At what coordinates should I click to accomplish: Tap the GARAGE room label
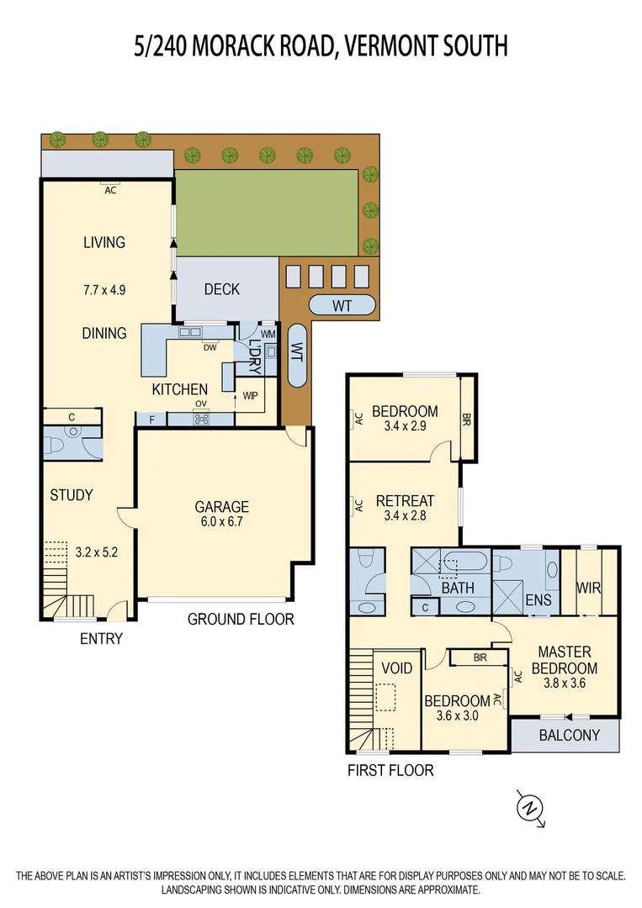click(222, 507)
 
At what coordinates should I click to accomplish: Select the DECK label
click(222, 289)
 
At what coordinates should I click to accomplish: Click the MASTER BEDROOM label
click(565, 660)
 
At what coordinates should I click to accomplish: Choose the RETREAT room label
click(405, 500)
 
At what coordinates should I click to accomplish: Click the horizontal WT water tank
click(342, 305)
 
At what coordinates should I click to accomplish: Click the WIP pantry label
click(250, 395)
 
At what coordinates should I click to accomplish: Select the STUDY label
click(72, 495)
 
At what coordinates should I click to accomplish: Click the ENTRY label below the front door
click(101, 639)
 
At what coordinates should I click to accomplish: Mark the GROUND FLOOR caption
click(241, 620)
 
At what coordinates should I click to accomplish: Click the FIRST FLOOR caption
click(390, 769)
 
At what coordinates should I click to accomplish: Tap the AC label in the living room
click(109, 190)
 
